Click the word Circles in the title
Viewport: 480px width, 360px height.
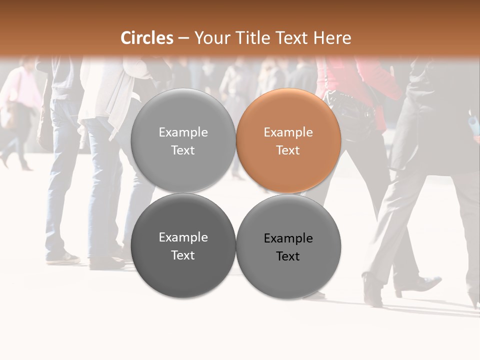(x=147, y=38)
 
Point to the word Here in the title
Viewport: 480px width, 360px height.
(x=332, y=38)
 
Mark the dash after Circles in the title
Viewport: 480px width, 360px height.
(x=183, y=38)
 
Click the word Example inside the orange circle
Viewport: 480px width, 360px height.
(x=288, y=132)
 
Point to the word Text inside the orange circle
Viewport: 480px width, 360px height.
(x=288, y=150)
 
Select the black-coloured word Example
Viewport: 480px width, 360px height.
(x=288, y=238)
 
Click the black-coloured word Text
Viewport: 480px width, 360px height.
(x=288, y=256)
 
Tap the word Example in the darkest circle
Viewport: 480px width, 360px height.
(x=183, y=237)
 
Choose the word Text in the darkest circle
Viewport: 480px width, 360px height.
(x=183, y=255)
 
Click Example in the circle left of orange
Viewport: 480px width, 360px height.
(x=183, y=132)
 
